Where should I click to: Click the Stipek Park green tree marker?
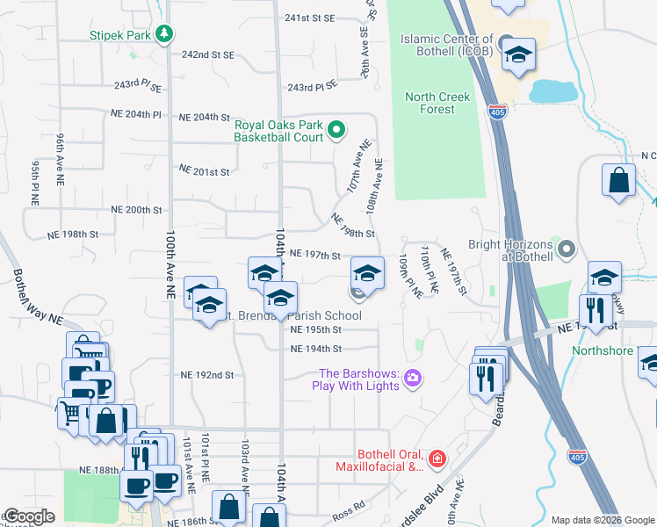[x=163, y=34]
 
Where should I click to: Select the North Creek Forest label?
[x=437, y=103]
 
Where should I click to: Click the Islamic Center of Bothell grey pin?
[x=505, y=43]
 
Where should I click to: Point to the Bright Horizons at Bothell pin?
[x=567, y=250]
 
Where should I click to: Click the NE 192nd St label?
[x=206, y=374]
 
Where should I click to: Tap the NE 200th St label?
[x=136, y=210]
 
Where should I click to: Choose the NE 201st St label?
[x=204, y=170]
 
